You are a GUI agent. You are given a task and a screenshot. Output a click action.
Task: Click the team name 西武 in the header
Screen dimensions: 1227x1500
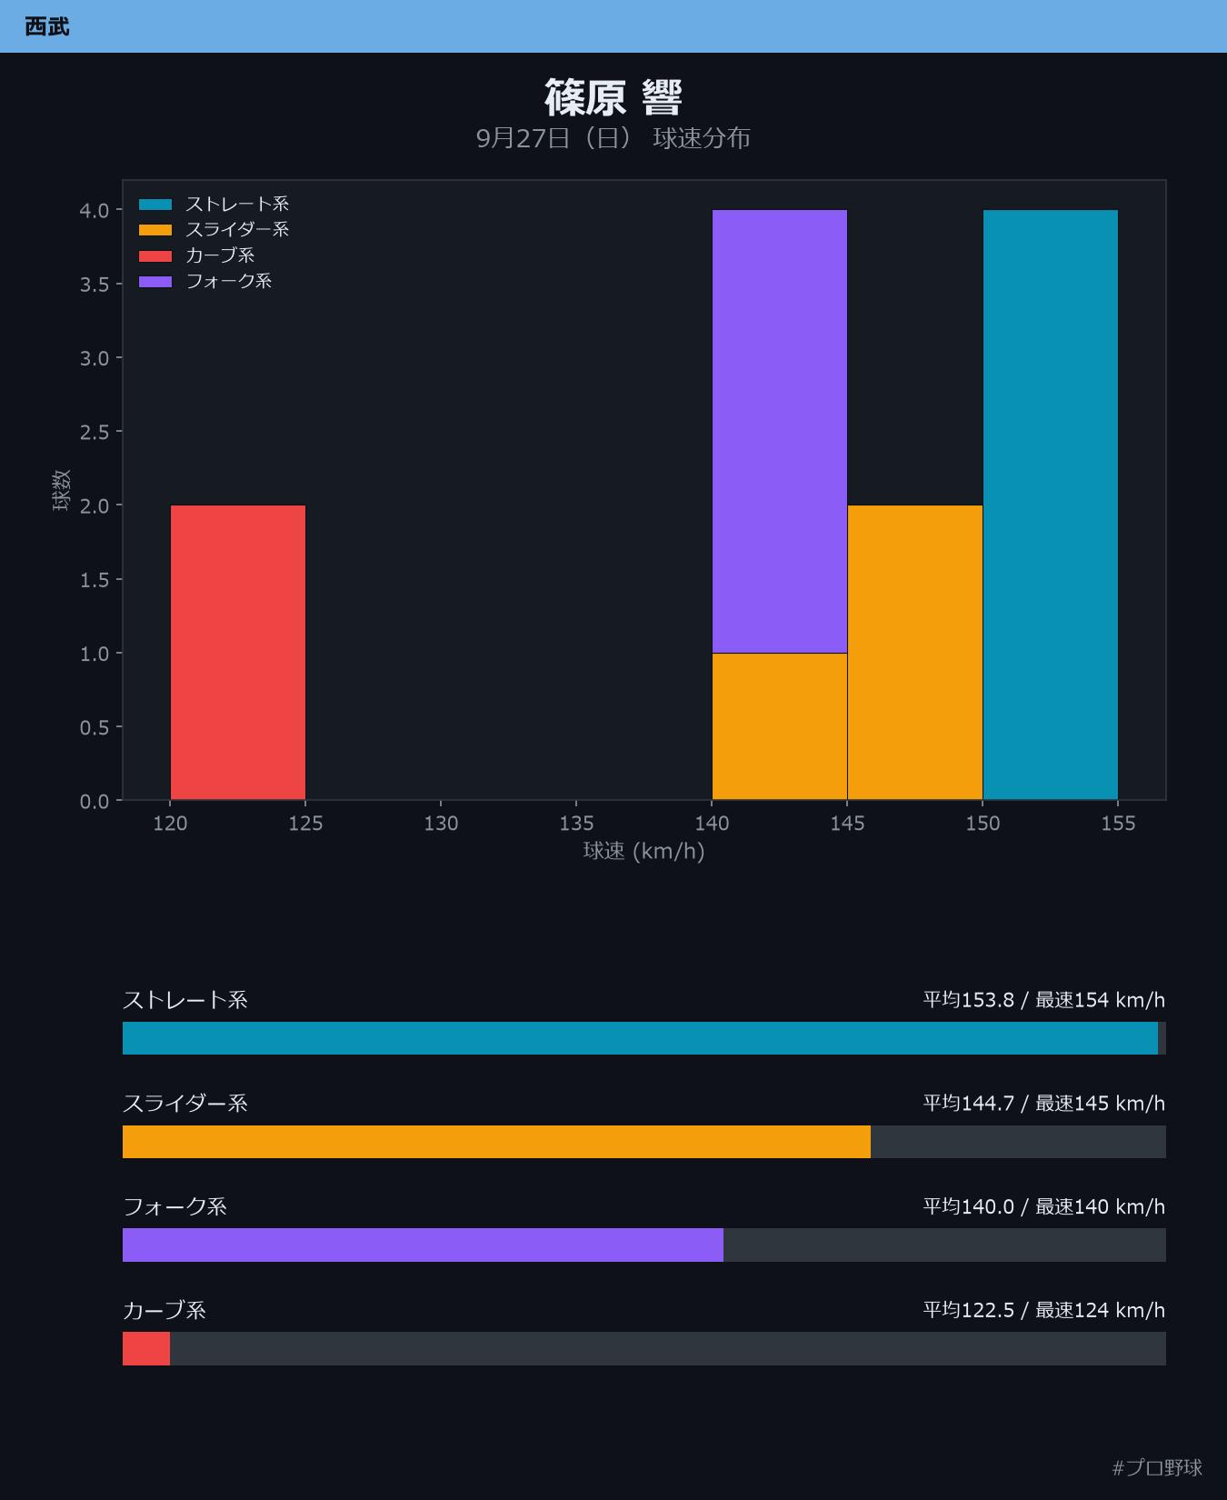[47, 26]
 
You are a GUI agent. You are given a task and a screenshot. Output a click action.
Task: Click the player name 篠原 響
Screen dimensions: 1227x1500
[613, 97]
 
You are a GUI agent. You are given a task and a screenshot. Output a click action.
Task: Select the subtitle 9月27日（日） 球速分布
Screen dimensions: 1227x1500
[613, 138]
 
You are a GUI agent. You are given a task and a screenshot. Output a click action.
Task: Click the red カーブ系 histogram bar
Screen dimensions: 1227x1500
[238, 653]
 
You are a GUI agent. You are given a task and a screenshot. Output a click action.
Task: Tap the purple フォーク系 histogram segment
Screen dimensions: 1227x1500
[780, 431]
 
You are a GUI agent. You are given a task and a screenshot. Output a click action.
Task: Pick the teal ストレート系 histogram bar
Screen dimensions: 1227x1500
[1051, 505]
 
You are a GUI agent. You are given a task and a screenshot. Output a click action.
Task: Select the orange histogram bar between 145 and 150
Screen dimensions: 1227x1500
[915, 653]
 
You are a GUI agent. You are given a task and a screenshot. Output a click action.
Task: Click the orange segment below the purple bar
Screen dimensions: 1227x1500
[780, 726]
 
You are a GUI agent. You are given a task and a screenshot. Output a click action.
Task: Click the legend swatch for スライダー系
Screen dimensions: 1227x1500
[155, 230]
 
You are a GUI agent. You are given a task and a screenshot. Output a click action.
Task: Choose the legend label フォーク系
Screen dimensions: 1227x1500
[229, 281]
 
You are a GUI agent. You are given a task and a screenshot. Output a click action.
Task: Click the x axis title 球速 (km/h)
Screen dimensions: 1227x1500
[643, 851]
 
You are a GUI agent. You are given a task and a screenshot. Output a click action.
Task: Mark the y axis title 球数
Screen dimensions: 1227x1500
[61, 490]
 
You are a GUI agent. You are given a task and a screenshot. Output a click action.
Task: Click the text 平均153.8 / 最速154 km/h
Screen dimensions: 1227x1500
[1044, 1000]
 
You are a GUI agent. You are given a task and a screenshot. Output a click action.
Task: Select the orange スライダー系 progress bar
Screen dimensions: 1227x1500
[496, 1142]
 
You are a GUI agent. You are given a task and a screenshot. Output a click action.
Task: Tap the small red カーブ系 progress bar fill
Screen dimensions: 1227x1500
[146, 1348]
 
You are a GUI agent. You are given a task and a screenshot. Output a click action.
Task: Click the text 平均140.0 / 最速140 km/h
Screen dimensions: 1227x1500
[1044, 1206]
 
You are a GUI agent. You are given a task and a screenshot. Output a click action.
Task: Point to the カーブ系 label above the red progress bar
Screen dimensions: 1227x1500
[165, 1310]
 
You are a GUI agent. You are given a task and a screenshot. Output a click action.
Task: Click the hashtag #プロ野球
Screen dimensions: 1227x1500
[1157, 1467]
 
